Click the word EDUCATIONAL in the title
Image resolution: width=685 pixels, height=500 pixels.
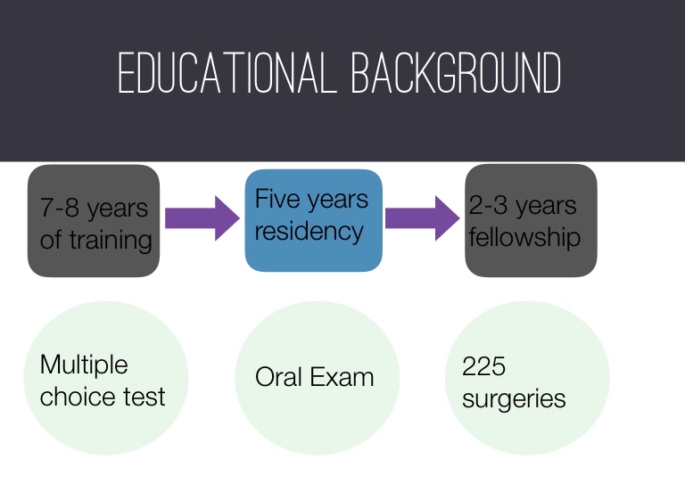point(227,72)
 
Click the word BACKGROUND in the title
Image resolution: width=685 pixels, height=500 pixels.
point(457,72)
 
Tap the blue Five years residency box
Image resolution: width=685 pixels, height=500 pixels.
point(314,220)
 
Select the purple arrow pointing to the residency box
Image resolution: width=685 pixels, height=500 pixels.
point(202,217)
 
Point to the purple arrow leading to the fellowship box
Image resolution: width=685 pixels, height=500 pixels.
point(423,217)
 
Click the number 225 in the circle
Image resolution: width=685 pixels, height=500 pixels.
point(484,366)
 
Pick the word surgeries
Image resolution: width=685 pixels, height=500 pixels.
point(514,399)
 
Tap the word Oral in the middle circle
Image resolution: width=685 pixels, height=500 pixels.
point(277,377)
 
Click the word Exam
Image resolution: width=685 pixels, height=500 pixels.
point(342,377)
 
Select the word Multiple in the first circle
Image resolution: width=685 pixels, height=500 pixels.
point(84,365)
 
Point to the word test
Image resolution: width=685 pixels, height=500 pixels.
point(144,398)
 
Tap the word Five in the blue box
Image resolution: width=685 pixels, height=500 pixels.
point(277,199)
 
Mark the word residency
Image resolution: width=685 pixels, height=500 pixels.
point(309,231)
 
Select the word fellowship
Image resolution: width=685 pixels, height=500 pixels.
point(524,237)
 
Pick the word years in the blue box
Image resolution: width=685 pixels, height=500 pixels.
point(338,201)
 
